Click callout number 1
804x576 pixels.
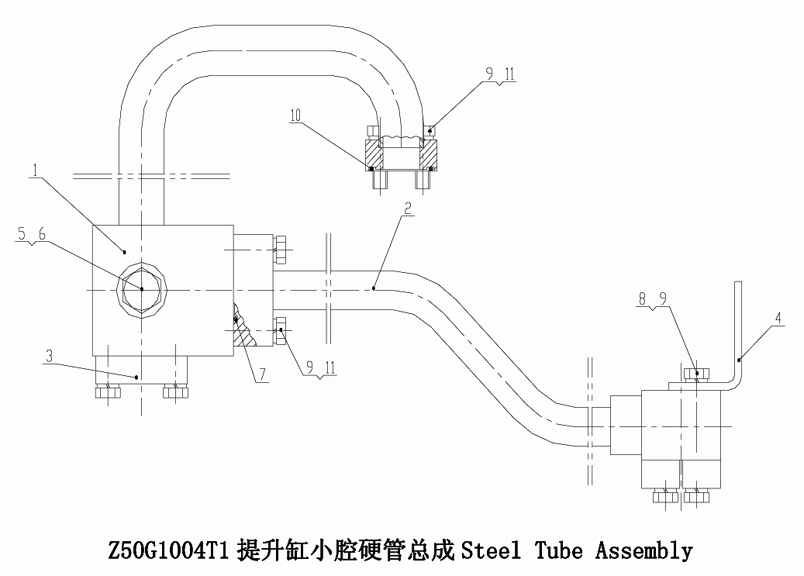tap(36, 170)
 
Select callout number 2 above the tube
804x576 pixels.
tap(408, 208)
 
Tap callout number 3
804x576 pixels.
tap(49, 356)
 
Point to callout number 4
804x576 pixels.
tap(778, 318)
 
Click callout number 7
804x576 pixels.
tap(263, 374)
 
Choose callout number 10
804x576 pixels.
tap(295, 116)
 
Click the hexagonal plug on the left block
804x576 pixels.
tap(142, 288)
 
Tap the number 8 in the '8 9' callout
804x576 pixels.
tap(643, 298)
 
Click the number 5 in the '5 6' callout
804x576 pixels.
tap(22, 234)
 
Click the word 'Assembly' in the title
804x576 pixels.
tap(644, 551)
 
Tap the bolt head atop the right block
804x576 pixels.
tap(697, 374)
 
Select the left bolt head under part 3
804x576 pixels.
tap(108, 392)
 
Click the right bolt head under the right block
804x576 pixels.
tap(696, 496)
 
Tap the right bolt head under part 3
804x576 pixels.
tap(175, 392)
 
